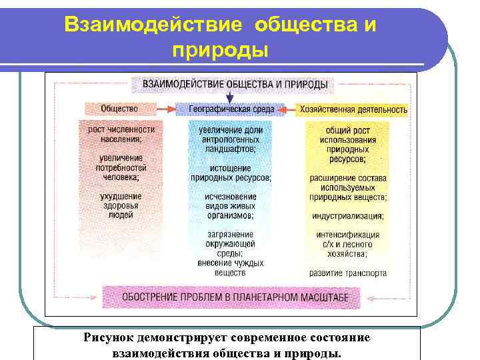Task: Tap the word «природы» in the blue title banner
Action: pos(220,49)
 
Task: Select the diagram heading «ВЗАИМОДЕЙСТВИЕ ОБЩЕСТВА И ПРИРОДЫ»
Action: pos(229,84)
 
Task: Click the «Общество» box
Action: pos(119,109)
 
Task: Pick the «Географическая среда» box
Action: pos(229,109)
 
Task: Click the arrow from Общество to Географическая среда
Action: pos(165,109)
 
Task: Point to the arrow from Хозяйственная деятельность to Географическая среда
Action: pos(288,109)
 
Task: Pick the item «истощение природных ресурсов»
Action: pos(231,173)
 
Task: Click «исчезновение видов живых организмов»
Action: pos(230,207)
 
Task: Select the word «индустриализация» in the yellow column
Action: pos(347,217)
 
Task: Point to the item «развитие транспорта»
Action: pos(347,273)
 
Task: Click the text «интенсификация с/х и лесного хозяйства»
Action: pos(347,245)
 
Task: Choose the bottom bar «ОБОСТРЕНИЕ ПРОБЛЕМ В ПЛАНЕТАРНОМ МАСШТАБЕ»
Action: pos(231,296)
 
